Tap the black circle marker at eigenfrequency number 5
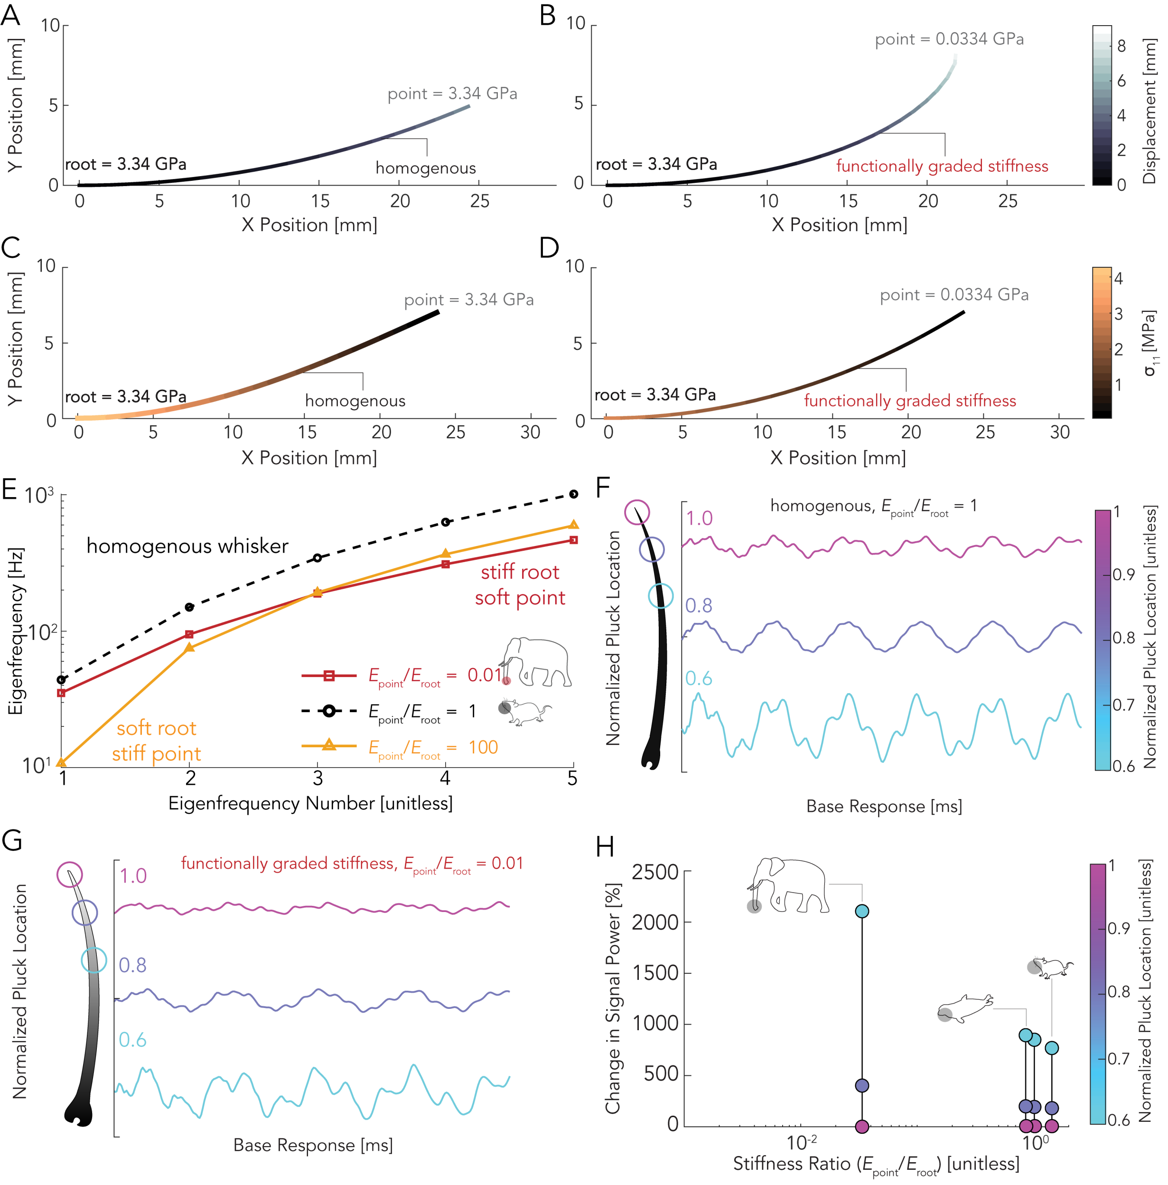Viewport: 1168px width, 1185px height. [573, 494]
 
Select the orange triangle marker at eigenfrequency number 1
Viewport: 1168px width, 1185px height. [61, 762]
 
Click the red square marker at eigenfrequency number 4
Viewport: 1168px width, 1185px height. [446, 564]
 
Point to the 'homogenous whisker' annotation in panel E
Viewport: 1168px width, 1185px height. [187, 546]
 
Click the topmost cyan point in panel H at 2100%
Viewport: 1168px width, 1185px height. [861, 911]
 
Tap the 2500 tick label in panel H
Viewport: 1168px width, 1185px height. [655, 872]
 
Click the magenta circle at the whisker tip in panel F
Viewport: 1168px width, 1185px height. [636, 511]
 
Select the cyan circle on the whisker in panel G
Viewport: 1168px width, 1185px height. [94, 960]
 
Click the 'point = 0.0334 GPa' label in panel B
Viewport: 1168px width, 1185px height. [949, 39]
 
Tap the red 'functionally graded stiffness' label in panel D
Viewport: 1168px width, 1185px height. [910, 401]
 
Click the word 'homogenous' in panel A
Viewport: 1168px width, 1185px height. [426, 168]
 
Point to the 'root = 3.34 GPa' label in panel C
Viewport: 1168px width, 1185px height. [126, 396]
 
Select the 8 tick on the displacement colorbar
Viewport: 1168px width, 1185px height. [1121, 46]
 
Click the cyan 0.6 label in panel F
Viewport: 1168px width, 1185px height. [698, 678]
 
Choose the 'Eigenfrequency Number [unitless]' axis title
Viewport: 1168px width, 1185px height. [310, 803]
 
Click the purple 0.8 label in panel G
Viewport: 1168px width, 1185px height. [132, 965]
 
